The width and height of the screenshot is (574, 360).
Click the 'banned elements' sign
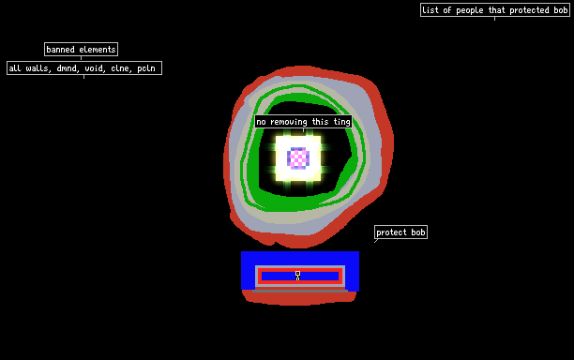point(81,50)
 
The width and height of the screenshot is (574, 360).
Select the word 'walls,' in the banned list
point(38,68)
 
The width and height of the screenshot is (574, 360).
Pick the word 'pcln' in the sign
point(146,68)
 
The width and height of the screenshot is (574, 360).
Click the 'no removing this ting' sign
point(304,122)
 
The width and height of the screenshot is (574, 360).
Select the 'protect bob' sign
point(400,232)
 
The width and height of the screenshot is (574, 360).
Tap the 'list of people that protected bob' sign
point(495,10)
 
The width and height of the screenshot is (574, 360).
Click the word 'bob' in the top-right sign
point(561,10)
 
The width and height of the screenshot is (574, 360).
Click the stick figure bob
point(297,276)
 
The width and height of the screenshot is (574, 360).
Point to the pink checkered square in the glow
point(298,158)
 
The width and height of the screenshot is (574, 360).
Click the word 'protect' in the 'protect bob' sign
point(391,232)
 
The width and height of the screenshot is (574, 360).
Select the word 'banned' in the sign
point(60,50)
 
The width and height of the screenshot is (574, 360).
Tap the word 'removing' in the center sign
point(289,122)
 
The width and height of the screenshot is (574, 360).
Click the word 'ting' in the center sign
point(342,122)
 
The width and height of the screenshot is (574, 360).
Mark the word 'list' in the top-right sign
point(430,10)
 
